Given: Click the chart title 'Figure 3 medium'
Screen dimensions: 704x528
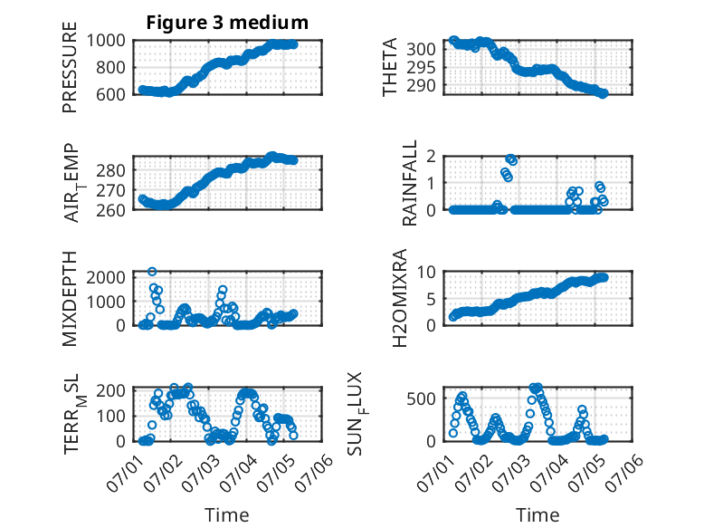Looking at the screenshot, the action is coord(227,23).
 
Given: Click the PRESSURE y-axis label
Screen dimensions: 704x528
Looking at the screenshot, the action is coord(70,67).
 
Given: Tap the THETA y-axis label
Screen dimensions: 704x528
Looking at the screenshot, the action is coord(390,67).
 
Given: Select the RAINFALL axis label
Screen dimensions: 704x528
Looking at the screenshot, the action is coord(410,182).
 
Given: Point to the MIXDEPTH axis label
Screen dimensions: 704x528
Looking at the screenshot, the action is coord(70,298).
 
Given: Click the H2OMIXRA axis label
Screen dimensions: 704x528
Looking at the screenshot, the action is coord(399,298).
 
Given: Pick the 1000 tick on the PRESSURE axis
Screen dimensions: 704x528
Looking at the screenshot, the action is coord(106,41).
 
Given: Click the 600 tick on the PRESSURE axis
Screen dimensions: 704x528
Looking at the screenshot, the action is coord(110,94).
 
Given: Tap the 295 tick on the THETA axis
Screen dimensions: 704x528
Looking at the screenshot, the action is coord(421,67).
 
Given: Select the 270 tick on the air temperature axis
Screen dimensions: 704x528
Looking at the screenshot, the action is coord(110,190).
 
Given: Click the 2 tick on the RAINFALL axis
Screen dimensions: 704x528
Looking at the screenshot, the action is coord(431,156).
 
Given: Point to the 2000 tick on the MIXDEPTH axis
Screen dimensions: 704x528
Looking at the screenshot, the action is coord(106,277).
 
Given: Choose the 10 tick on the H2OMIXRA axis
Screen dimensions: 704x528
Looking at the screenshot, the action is coord(426,272).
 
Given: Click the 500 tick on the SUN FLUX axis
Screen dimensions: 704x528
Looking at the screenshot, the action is coord(421,398).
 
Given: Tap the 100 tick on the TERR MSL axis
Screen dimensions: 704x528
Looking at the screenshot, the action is coord(110,416).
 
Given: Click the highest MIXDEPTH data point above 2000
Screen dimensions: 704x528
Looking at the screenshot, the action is coord(152,272).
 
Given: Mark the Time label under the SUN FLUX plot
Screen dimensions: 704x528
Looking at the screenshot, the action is coord(538,515).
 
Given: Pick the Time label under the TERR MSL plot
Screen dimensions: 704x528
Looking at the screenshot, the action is coord(227,515).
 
